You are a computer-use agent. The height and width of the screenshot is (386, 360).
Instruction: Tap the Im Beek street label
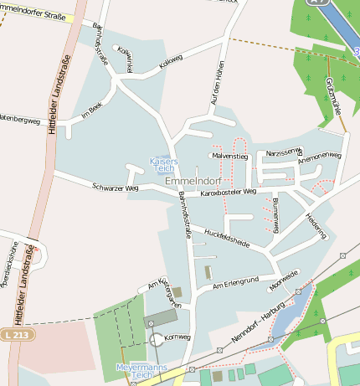click(x=91, y=110)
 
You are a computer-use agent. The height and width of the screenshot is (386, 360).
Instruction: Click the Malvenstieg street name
click(x=230, y=156)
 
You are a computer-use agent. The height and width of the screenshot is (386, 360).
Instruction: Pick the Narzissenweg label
click(x=283, y=152)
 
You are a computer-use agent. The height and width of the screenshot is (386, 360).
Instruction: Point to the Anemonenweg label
click(x=320, y=156)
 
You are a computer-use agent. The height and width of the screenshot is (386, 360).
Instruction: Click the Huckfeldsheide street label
click(x=227, y=239)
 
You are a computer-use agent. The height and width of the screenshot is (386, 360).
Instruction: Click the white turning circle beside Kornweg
click(x=156, y=339)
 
